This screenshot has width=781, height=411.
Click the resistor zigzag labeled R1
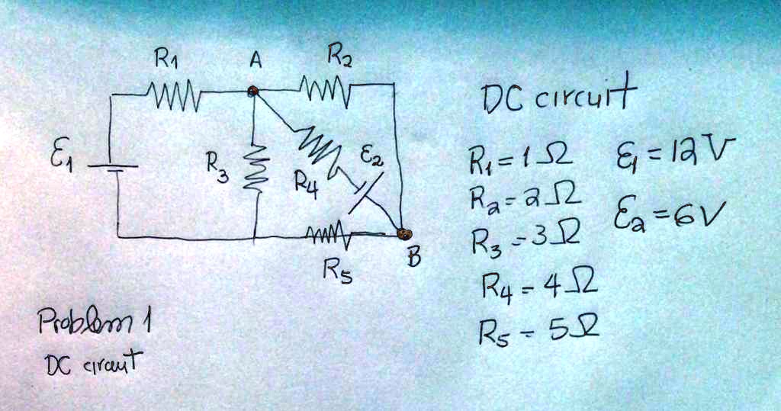click(x=176, y=97)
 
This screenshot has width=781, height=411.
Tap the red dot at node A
click(x=253, y=92)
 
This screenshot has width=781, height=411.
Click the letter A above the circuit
click(x=256, y=61)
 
